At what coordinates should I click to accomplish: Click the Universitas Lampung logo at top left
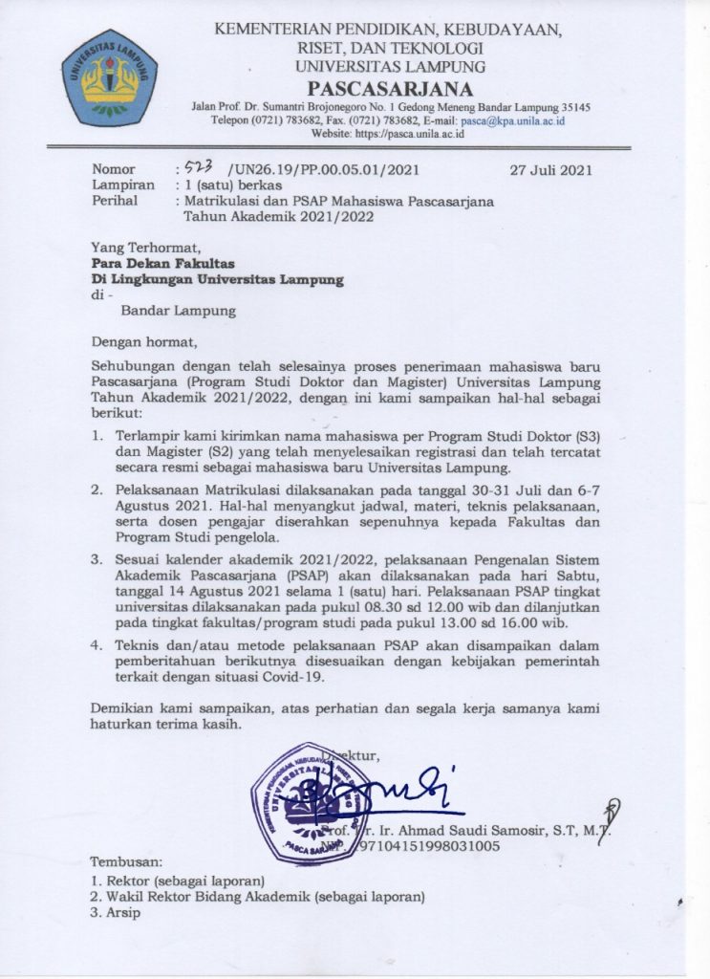click(x=109, y=77)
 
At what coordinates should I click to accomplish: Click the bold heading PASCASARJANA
click(x=391, y=89)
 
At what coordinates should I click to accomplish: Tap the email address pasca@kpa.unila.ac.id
click(x=512, y=120)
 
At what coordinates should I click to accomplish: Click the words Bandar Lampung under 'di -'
click(x=179, y=310)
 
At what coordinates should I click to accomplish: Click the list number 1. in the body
click(x=97, y=435)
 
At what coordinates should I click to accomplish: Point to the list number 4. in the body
click(x=97, y=645)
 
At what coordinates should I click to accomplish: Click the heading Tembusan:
click(x=127, y=861)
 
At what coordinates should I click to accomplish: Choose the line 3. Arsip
click(x=116, y=912)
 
